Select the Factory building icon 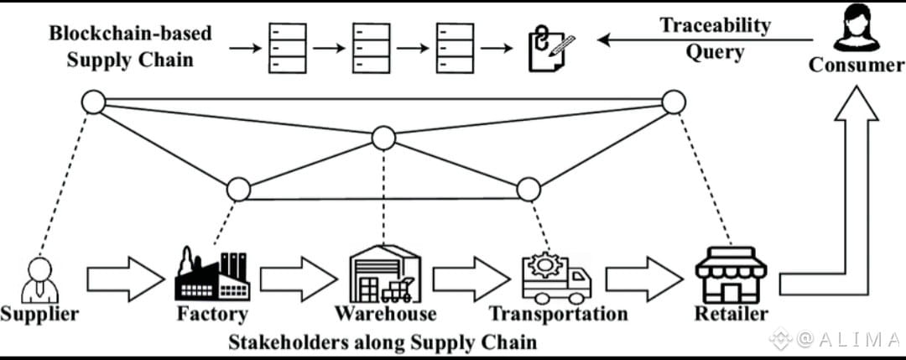click(x=211, y=274)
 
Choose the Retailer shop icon click(x=731, y=274)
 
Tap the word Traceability click(x=715, y=26)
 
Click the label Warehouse click(x=385, y=315)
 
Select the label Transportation click(x=558, y=315)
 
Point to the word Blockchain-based click(x=130, y=34)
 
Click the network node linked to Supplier click(x=92, y=103)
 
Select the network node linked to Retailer click(x=674, y=102)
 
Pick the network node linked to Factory click(x=238, y=189)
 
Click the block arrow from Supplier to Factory click(x=126, y=279)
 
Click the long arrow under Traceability click(x=705, y=39)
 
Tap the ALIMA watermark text click(x=847, y=340)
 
